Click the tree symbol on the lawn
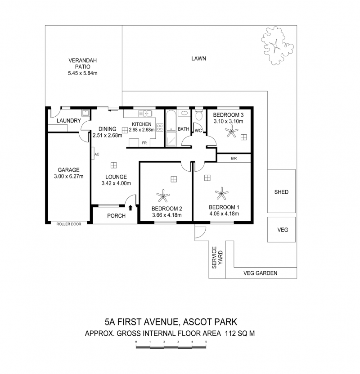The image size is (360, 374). tap(277, 46)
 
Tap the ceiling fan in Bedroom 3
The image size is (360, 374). tap(231, 131)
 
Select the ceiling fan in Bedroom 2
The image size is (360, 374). tap(163, 196)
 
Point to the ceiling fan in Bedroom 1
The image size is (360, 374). tap(221, 193)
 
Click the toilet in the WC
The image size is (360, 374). tap(198, 115)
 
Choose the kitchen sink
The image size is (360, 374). tap(145, 113)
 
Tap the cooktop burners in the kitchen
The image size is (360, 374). tap(160, 128)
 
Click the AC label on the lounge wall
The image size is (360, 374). tap(97, 154)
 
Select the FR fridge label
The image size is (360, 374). tap(144, 143)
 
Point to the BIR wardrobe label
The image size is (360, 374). tap(234, 158)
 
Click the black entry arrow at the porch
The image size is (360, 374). tap(130, 208)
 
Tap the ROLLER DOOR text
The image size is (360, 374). tap(68, 224)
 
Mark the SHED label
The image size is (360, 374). tap(281, 192)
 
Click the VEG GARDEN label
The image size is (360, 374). tap(261, 273)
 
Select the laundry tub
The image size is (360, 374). tap(85, 113)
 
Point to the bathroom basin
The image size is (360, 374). tap(184, 113)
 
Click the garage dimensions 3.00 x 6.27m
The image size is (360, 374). tap(68, 177)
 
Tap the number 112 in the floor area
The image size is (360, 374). tap(230, 333)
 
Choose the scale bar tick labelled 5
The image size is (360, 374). tap(206, 342)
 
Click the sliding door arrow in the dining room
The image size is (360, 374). tap(113, 110)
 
